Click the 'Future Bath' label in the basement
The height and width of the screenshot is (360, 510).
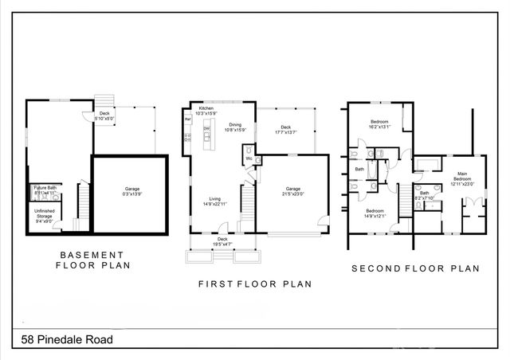45,188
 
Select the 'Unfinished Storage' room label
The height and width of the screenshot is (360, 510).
45,214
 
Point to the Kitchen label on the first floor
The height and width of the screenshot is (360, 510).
206,108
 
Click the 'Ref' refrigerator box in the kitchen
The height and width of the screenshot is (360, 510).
188,119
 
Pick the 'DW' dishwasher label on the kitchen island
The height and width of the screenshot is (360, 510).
206,128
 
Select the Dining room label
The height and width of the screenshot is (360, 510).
235,125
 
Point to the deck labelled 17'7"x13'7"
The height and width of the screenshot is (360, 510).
285,132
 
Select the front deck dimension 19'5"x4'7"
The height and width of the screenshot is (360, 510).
223,243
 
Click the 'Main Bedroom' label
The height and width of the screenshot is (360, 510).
461,177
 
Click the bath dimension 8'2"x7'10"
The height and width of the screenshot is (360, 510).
425,197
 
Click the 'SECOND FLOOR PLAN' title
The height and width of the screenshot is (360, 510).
415,269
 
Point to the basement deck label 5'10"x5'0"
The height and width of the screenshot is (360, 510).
104,118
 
